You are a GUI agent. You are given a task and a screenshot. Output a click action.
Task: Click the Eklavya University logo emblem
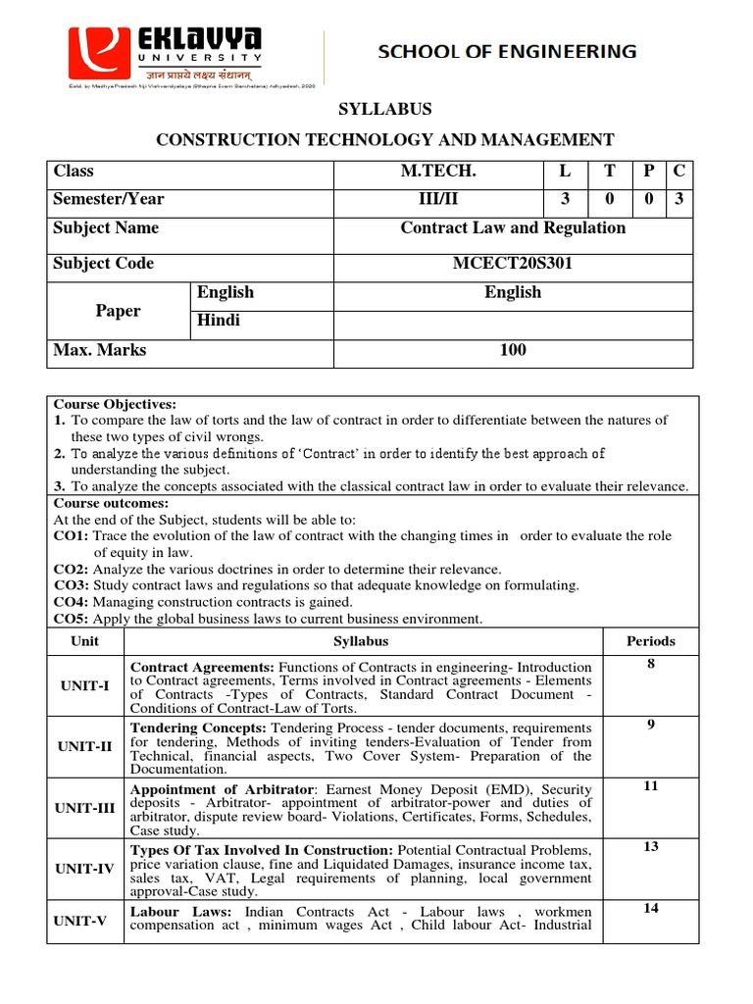click(x=97, y=54)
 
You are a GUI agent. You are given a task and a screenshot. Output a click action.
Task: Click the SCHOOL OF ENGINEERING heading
click(x=507, y=51)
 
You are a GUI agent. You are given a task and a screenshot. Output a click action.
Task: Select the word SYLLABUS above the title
click(x=384, y=109)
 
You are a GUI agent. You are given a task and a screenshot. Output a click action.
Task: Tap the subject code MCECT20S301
click(x=513, y=264)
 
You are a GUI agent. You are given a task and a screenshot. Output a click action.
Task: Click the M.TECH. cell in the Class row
click(x=438, y=172)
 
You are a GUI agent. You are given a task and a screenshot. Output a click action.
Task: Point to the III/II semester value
click(x=438, y=199)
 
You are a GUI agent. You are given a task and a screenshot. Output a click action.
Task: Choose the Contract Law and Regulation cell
click(x=513, y=228)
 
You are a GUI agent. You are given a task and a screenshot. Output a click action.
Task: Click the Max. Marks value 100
click(x=513, y=350)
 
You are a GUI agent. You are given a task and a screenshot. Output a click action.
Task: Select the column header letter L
click(x=565, y=172)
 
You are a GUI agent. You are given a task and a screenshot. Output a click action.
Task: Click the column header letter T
click(x=610, y=172)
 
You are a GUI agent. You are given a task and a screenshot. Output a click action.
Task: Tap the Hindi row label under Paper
click(x=219, y=321)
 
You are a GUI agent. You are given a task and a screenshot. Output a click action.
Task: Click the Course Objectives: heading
click(x=115, y=404)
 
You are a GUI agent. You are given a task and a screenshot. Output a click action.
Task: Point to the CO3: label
click(x=71, y=585)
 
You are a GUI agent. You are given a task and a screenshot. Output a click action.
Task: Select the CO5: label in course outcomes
click(x=71, y=619)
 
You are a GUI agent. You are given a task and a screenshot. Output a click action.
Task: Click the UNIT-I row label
click(x=84, y=685)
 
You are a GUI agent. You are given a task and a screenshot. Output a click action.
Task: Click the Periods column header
click(x=650, y=641)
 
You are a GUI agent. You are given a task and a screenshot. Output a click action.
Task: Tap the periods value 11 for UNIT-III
click(x=650, y=786)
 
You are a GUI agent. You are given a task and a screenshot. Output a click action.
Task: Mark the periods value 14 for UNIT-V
click(x=650, y=908)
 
